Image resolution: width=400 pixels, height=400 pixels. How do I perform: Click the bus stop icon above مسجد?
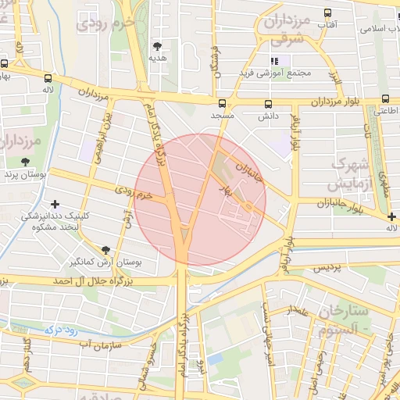click(222, 103)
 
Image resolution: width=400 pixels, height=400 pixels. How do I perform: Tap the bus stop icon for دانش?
click(269, 103)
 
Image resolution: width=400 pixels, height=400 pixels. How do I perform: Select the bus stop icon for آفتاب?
click(327, 13)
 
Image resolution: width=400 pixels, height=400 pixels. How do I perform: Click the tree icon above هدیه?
click(158, 46)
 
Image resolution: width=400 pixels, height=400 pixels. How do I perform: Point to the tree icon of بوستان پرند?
click(26, 161)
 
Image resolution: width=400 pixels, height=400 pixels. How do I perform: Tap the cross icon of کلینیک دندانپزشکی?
click(54, 204)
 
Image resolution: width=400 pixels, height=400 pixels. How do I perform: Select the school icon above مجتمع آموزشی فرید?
click(274, 61)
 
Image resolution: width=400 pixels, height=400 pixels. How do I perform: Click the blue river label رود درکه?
click(60, 330)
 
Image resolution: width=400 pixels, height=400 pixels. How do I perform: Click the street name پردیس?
click(328, 268)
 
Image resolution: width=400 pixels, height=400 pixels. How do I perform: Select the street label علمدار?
click(297, 311)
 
